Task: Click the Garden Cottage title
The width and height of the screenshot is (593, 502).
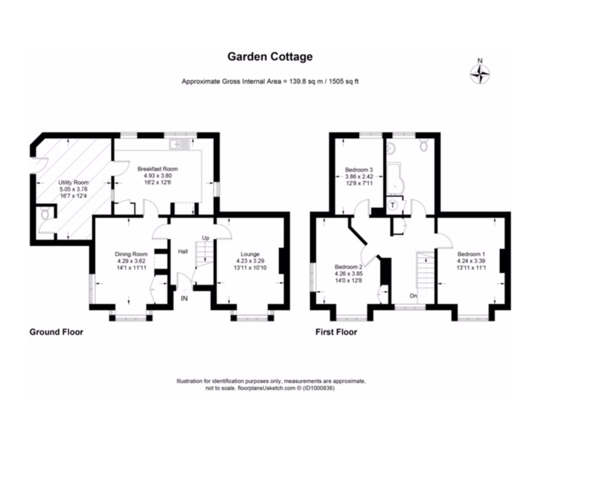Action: point(270,57)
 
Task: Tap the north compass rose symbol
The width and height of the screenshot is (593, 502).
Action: point(480,74)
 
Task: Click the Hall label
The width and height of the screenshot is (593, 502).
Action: point(183,251)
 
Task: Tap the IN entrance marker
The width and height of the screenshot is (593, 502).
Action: point(184,298)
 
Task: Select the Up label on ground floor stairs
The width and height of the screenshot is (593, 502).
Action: point(206,238)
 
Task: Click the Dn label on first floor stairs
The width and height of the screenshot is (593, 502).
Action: point(413,296)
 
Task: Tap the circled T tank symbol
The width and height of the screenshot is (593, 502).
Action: point(393,205)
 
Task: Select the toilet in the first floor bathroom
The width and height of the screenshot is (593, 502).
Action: point(425,145)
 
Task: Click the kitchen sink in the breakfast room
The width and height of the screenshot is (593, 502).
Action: point(180,144)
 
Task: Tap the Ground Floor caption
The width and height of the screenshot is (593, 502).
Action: point(56,332)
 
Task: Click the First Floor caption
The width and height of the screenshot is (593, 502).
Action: point(336,332)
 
